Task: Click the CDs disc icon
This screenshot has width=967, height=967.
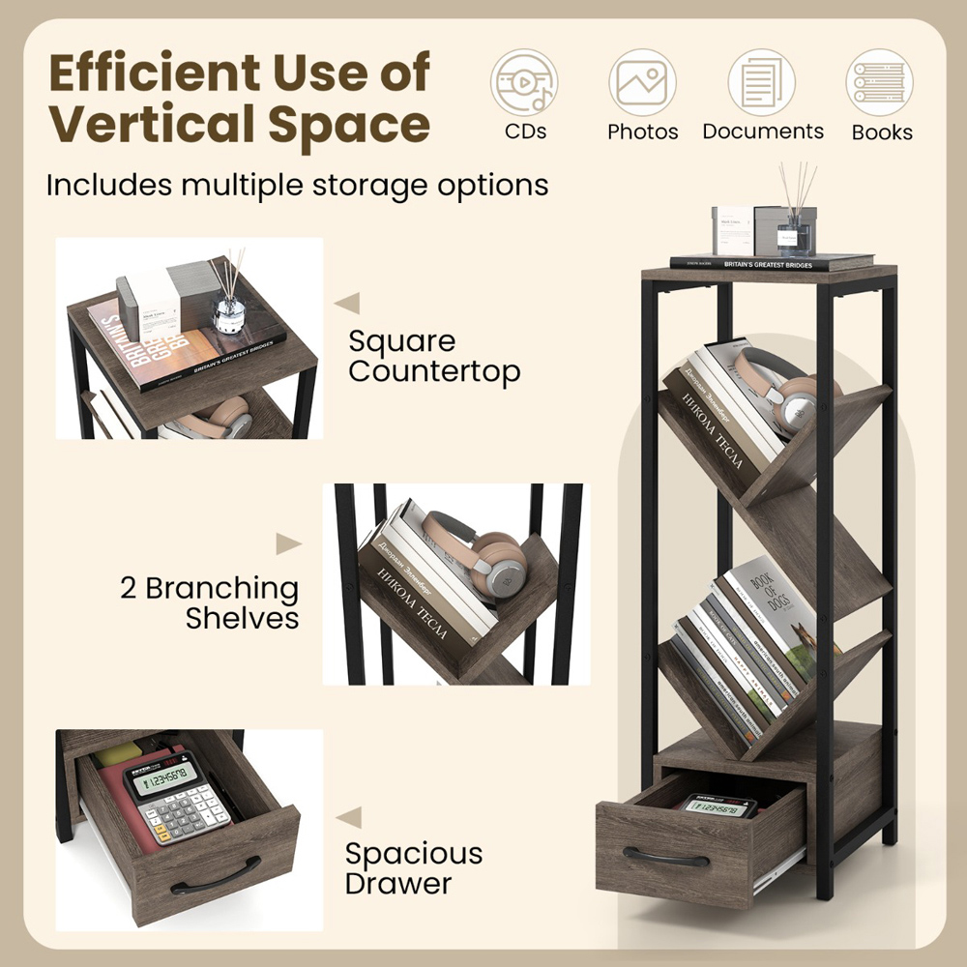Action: [x=524, y=83]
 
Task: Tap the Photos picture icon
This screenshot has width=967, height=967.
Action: [x=642, y=83]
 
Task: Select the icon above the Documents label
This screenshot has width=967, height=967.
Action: [x=762, y=83]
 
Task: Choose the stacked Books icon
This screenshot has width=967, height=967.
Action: [x=881, y=83]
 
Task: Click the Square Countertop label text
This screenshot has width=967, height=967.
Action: [x=434, y=356]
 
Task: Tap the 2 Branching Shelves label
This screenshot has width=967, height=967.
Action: [x=210, y=602]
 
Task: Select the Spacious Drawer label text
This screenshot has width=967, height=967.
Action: [x=414, y=867]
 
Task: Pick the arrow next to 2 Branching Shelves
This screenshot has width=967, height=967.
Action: [x=287, y=543]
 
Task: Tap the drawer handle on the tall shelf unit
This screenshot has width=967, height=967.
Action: [x=664, y=856]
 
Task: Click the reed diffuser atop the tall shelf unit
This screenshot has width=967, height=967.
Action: [x=795, y=218]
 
